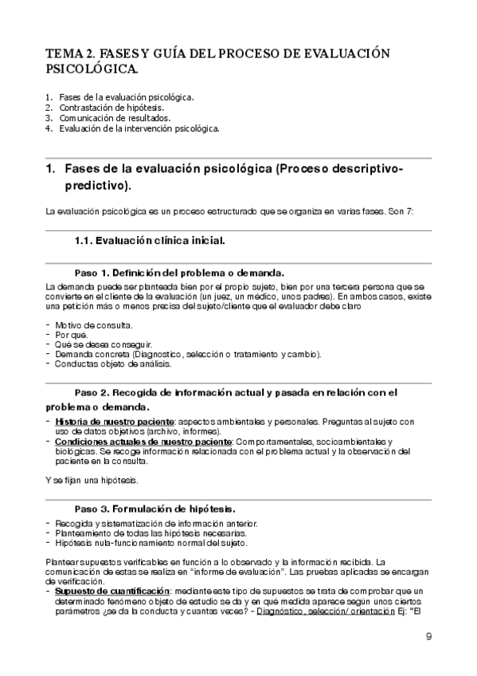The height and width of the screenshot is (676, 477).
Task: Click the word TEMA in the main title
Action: (62, 53)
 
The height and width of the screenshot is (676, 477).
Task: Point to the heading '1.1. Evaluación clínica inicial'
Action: (149, 240)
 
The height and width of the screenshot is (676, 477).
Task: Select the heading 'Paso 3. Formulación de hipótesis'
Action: (154, 508)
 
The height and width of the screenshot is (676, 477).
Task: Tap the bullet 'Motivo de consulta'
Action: (94, 325)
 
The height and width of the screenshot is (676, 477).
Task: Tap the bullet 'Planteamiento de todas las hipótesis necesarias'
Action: (151, 533)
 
